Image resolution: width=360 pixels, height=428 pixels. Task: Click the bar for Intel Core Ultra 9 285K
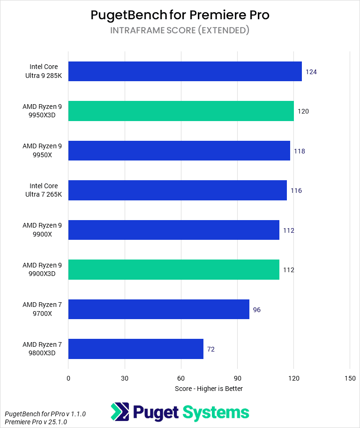click(185, 71)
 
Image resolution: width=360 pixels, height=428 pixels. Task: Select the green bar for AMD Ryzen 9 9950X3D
click(181, 111)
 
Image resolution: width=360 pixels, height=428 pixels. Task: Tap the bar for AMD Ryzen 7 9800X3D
click(136, 349)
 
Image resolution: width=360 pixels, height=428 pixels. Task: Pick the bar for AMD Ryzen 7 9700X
click(158, 309)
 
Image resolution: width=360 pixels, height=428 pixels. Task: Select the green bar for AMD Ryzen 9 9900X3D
click(173, 270)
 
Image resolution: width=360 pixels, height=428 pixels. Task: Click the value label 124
click(311, 72)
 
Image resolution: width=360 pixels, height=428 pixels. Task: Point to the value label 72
click(211, 349)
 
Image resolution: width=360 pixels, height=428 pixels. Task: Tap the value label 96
click(257, 310)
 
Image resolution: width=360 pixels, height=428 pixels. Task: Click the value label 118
click(299, 151)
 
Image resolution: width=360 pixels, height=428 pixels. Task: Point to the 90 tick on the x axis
click(237, 378)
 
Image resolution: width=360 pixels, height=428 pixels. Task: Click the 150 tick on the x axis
click(350, 378)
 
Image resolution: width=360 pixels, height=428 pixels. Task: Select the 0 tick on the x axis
click(68, 378)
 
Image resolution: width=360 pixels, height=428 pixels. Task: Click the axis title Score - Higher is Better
click(209, 389)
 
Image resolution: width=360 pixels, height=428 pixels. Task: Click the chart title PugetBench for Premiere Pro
click(180, 15)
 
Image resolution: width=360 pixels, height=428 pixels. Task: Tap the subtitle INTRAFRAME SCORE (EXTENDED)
click(180, 31)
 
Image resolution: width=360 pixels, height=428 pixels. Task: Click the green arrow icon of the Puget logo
click(120, 412)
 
